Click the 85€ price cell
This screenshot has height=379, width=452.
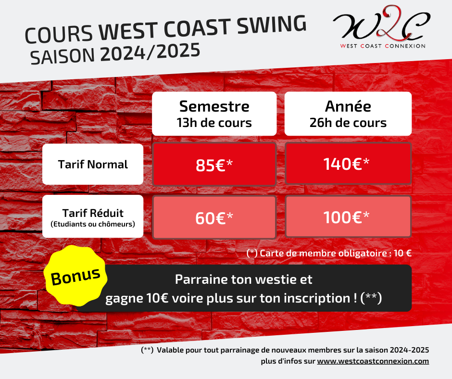click(x=214, y=164)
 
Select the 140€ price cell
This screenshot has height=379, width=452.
click(x=348, y=164)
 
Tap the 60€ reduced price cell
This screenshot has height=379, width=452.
click(x=214, y=217)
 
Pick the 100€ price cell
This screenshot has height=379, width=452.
click(x=348, y=216)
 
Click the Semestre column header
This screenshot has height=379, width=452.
click(x=214, y=114)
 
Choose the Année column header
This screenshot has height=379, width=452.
click(x=348, y=114)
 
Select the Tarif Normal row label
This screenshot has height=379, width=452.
click(x=93, y=164)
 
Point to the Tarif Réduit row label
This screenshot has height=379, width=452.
click(x=93, y=216)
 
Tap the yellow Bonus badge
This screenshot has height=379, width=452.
click(x=75, y=276)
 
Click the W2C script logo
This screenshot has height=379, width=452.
click(x=381, y=24)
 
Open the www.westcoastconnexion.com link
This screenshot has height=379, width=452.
click(x=373, y=361)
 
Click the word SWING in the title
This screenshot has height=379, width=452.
click(x=272, y=24)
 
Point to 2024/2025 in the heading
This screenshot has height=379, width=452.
click(x=150, y=52)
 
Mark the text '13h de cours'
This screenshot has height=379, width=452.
click(x=214, y=123)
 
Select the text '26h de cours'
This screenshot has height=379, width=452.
click(x=348, y=123)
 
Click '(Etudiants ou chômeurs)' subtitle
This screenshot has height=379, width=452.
click(x=93, y=224)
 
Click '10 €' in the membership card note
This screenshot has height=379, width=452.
click(x=402, y=253)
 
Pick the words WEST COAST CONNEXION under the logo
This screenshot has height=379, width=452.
click(x=383, y=46)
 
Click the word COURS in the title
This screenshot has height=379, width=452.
click(x=59, y=34)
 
